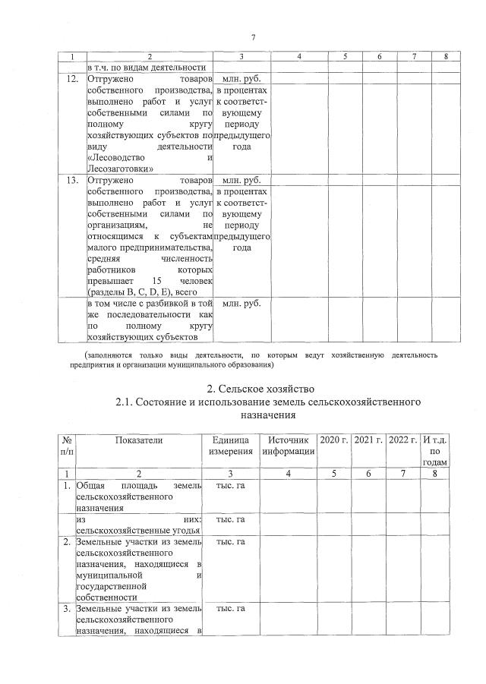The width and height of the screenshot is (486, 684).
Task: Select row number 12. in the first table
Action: pyautogui.click(x=73, y=78)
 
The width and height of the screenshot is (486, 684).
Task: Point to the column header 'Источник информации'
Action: pyautogui.click(x=287, y=446)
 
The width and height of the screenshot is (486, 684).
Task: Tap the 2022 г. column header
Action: pyautogui.click(x=402, y=440)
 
